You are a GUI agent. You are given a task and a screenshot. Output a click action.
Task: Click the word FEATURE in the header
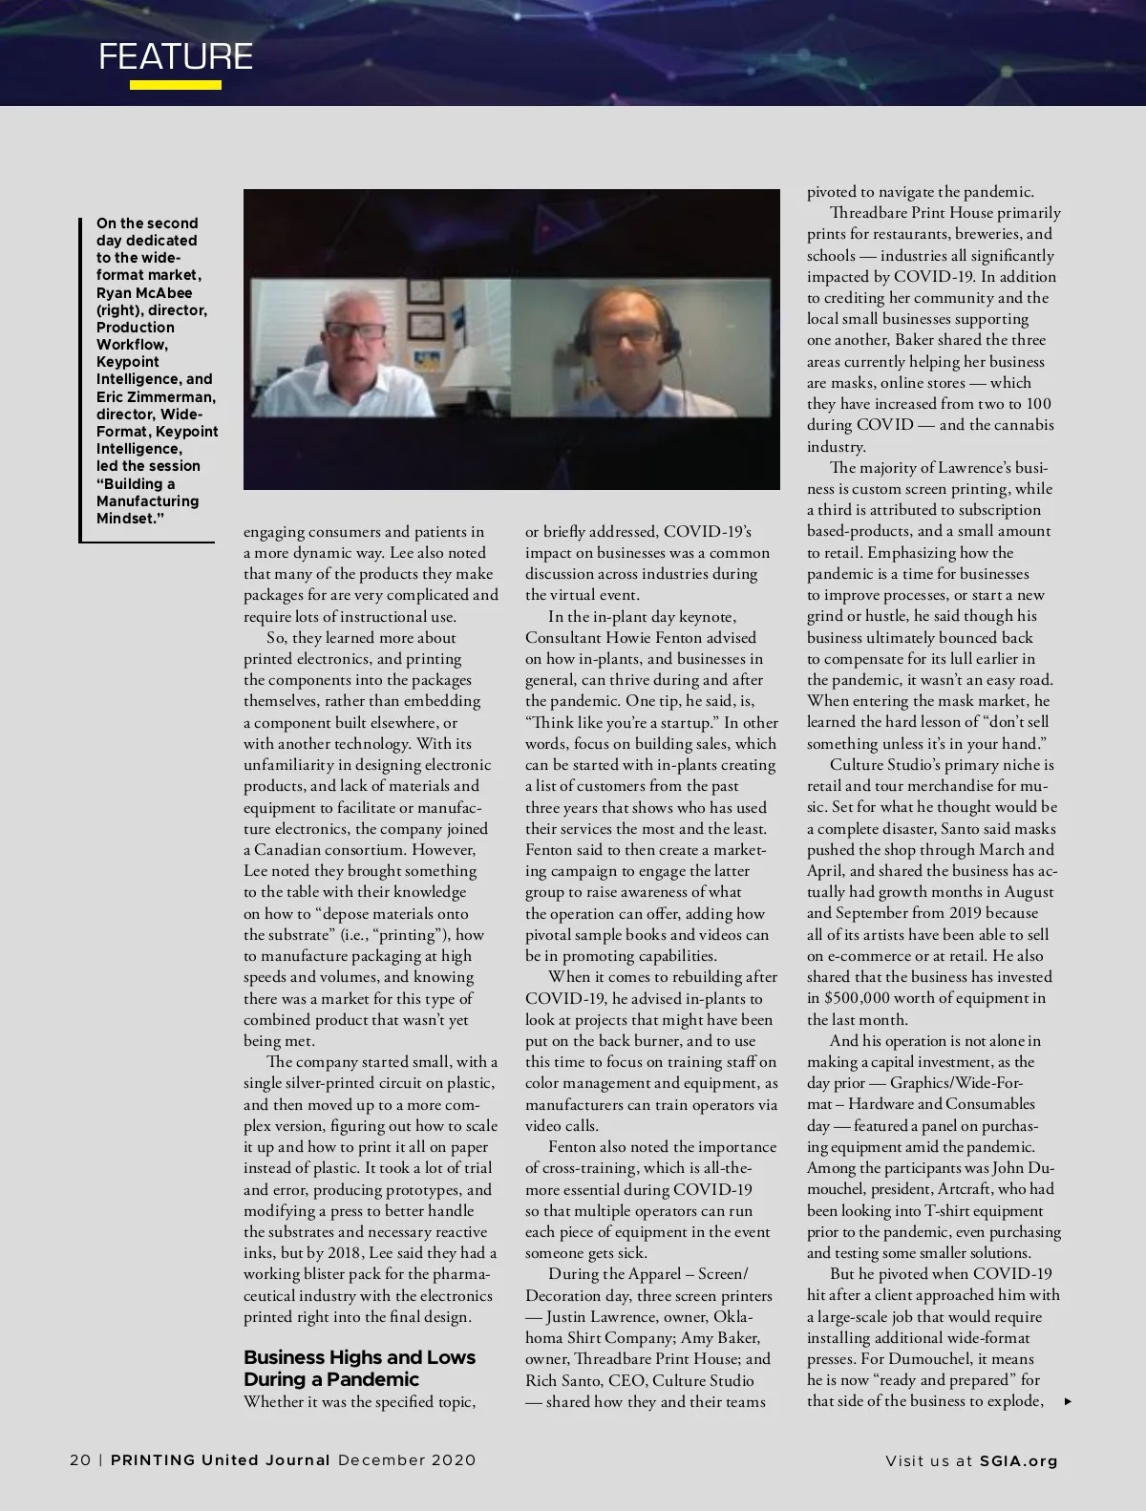(x=176, y=56)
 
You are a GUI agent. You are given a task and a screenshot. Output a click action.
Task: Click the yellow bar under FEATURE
(x=176, y=85)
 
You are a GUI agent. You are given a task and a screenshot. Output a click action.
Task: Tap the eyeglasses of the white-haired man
(x=355, y=331)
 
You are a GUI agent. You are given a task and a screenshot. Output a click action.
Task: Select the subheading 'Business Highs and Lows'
(x=359, y=1357)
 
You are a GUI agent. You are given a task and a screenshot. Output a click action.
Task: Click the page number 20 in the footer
(x=80, y=1460)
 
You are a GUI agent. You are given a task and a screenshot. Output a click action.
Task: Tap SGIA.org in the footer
(x=1019, y=1460)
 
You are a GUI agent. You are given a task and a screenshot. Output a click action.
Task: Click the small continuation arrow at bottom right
(x=1068, y=1402)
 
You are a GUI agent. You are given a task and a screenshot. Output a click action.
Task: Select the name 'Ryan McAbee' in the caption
(x=144, y=292)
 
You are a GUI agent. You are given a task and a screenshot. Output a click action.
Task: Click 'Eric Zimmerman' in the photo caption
(x=156, y=396)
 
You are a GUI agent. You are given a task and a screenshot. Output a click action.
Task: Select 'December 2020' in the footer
(x=407, y=1460)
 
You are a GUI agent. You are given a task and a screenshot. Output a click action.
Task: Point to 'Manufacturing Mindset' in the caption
(x=147, y=510)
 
